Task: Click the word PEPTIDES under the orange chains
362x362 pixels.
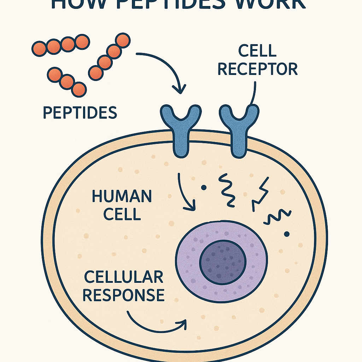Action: (x=80, y=112)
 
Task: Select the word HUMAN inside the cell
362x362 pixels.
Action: (x=122, y=197)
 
